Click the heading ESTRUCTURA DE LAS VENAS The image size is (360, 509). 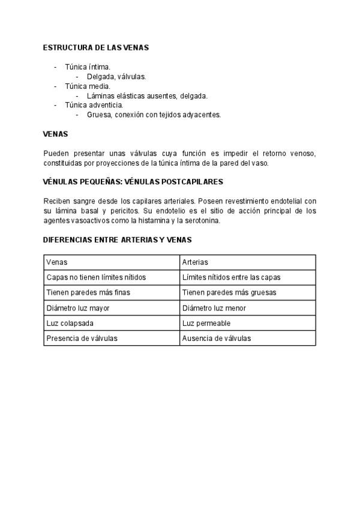coord(96,47)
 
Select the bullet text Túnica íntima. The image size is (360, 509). coord(88,67)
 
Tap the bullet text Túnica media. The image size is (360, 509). coord(88,86)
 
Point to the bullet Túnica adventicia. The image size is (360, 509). coord(94,105)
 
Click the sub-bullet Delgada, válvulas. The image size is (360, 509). coord(116,77)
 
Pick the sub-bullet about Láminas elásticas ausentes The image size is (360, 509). coord(147,96)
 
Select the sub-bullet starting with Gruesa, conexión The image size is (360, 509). coord(154,115)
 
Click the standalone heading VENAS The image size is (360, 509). coord(56,134)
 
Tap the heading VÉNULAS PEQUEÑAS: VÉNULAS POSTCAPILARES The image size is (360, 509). coord(133,181)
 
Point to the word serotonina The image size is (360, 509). coord(203,220)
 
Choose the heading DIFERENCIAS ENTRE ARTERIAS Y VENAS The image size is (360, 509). coord(118,239)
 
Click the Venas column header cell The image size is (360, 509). coord(57,262)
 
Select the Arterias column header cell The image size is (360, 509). coord(195,262)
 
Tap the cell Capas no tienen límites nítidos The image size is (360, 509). coord(96,277)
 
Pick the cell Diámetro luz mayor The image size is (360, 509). coord(78,308)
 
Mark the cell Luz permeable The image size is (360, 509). coord(206,323)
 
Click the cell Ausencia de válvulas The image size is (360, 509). coord(217,338)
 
